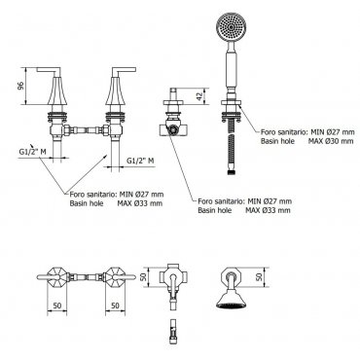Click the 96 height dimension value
[20, 86]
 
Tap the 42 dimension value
[199, 95]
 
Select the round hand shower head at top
[229, 28]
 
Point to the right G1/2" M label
[140, 161]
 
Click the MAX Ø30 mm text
[331, 141]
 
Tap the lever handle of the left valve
[50, 69]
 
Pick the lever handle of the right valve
[124, 69]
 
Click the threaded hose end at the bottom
[231, 172]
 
